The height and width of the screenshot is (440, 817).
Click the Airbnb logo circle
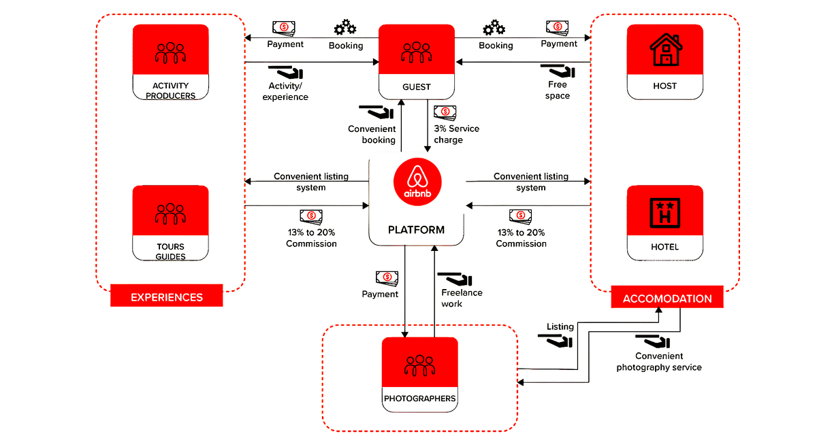[417, 182]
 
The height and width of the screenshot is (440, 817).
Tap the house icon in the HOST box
[666, 50]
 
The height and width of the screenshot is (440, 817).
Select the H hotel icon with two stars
[665, 213]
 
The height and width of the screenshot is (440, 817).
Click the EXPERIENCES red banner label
[167, 297]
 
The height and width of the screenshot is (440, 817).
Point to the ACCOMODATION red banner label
[667, 299]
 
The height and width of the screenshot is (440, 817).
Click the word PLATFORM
[416, 230]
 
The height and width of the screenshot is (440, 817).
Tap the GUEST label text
[417, 86]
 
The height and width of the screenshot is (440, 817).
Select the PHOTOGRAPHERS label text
[420, 399]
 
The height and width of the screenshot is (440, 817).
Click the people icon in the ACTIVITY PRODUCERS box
[170, 53]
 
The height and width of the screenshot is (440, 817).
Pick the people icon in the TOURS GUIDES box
[170, 214]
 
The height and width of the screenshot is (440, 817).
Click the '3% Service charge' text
[456, 134]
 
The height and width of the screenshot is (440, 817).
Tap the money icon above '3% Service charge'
[445, 113]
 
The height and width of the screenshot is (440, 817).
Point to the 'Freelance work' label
[462, 298]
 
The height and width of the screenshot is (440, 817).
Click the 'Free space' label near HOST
[558, 90]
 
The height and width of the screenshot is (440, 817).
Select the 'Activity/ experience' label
[285, 91]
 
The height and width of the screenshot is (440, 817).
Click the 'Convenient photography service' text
[659, 362]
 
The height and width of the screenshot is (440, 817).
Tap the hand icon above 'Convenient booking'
[376, 112]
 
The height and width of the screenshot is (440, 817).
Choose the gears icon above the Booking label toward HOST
[494, 28]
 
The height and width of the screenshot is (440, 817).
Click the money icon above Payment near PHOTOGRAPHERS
[387, 279]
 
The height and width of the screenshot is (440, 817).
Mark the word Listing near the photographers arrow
[560, 326]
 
